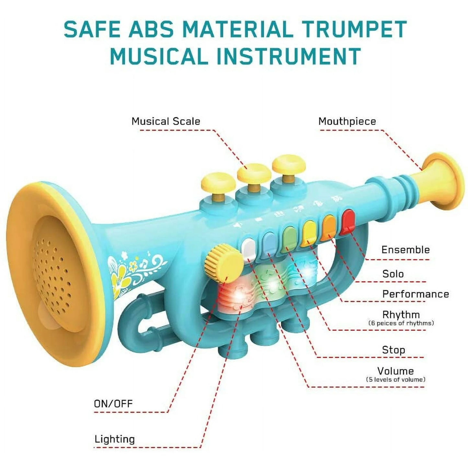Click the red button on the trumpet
(x=348, y=222)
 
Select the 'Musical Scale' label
(x=166, y=121)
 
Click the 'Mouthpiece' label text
(x=347, y=121)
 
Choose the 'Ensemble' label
(x=405, y=250)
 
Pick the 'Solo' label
(x=393, y=274)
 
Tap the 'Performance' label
(x=416, y=294)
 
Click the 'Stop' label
(x=394, y=350)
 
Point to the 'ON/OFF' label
(x=113, y=404)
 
